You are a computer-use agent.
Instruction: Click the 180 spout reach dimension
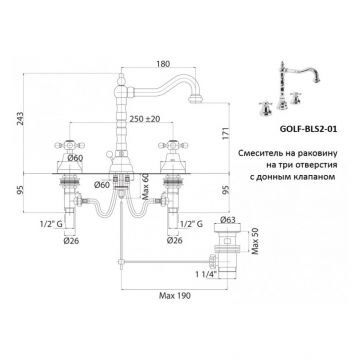click(x=163, y=64)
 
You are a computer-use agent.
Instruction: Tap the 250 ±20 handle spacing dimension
click(x=146, y=118)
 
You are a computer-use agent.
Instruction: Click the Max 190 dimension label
click(x=174, y=295)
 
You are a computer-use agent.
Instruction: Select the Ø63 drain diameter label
click(x=228, y=220)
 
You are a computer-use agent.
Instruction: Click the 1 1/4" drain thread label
click(x=207, y=274)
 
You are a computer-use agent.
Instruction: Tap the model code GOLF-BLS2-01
click(x=307, y=129)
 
